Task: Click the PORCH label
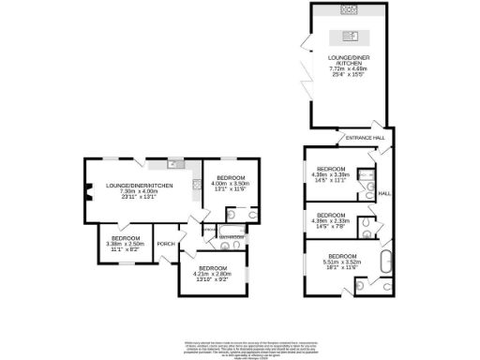(167, 245)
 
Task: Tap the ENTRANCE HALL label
(365, 138)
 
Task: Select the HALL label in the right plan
(384, 194)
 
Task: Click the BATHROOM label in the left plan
(231, 237)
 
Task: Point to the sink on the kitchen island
(350, 37)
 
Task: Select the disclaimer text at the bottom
(239, 347)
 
